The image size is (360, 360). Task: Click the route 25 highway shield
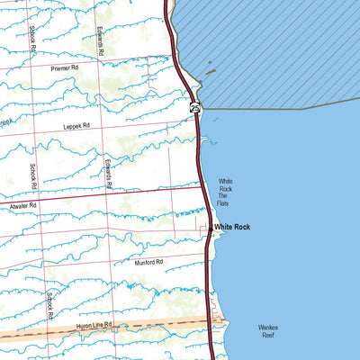[195, 108]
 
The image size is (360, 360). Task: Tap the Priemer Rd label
[66, 67]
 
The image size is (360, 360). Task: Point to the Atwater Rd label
[21, 206]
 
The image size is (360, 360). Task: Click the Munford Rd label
[148, 262]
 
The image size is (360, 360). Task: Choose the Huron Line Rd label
[94, 324]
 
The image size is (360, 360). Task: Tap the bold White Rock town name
[232, 228]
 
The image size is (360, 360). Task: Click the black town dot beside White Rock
[211, 229]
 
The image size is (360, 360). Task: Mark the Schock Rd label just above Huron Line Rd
[52, 306]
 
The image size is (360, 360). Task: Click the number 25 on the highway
[195, 108]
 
